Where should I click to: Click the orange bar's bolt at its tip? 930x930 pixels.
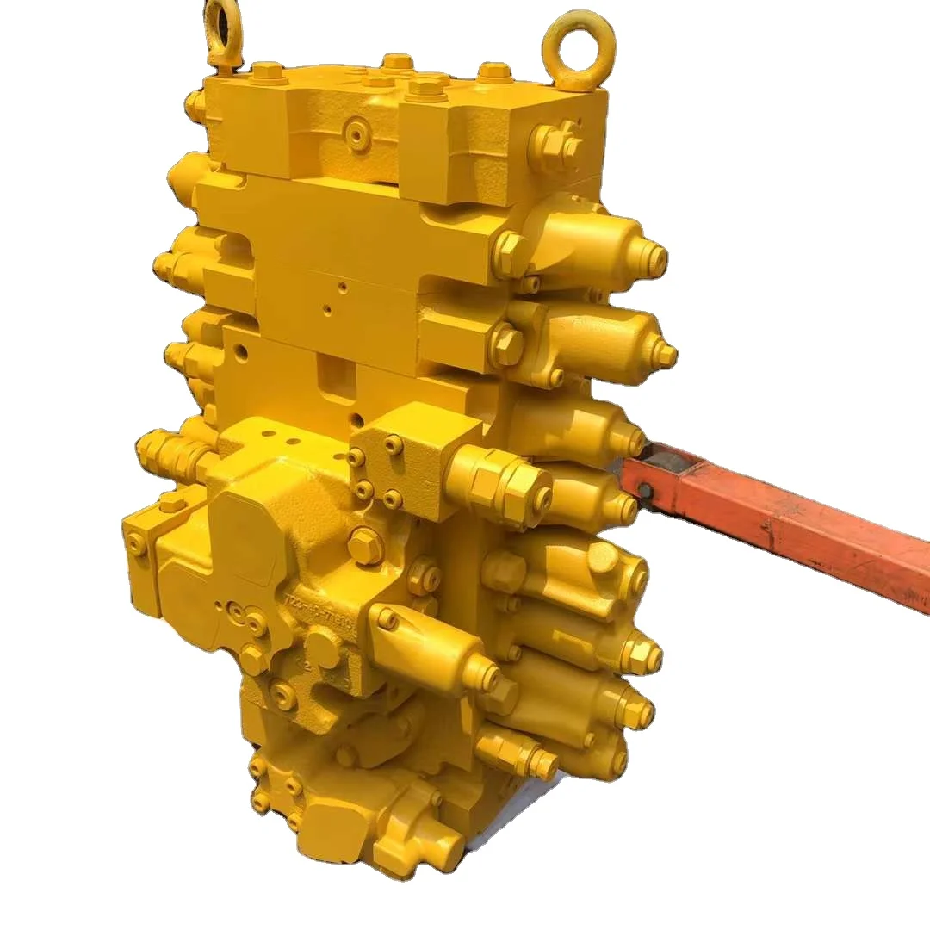[644, 490]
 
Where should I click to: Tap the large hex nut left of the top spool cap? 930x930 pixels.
[512, 253]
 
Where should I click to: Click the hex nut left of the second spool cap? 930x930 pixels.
[507, 345]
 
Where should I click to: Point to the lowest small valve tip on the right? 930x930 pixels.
[544, 762]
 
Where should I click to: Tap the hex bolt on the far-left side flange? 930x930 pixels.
[137, 543]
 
